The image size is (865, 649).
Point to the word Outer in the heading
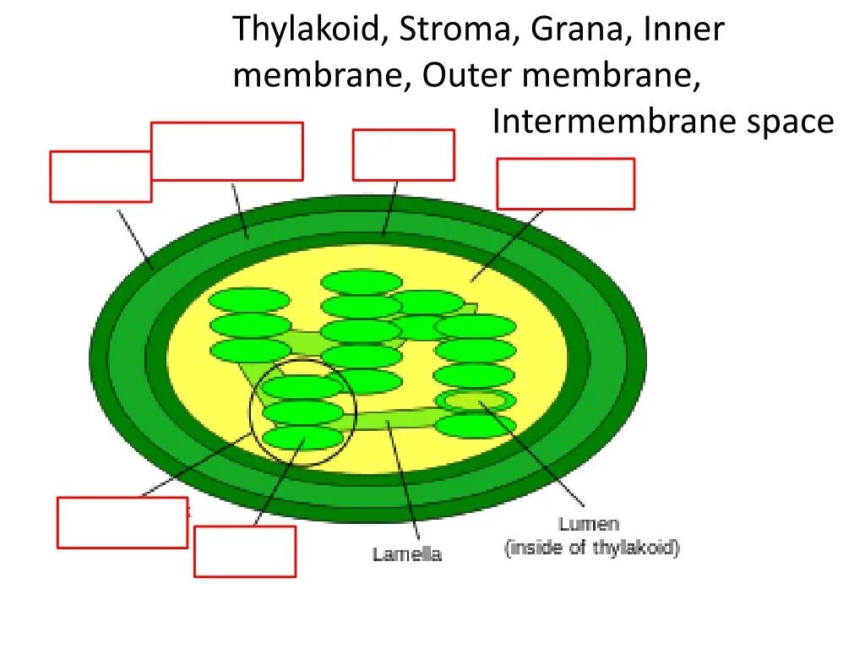tap(467, 75)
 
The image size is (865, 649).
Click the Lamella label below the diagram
tap(407, 554)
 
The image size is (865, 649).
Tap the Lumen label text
tap(589, 524)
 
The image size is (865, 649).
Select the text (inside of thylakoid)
tap(592, 548)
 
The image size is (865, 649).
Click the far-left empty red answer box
tap(101, 177)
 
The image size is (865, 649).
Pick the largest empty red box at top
tap(226, 151)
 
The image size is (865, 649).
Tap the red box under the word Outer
tap(403, 155)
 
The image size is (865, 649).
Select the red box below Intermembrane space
tap(565, 183)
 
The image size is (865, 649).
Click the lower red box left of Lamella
tap(245, 551)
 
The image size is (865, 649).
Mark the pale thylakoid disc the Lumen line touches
tap(475, 400)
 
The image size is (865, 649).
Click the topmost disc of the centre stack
tap(362, 283)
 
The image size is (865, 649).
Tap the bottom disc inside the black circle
tap(302, 438)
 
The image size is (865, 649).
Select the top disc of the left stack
tap(250, 301)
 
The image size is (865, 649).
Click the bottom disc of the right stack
tap(475, 425)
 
